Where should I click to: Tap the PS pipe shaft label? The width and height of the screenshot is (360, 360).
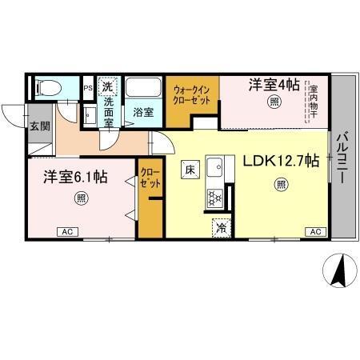click(x=88, y=84)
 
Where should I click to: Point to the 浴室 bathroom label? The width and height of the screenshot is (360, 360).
click(x=143, y=113)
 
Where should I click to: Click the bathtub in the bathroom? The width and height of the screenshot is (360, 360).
click(x=145, y=88)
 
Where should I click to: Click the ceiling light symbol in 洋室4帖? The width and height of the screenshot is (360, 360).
click(x=274, y=102)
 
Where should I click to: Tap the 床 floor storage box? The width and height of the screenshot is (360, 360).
click(x=190, y=170)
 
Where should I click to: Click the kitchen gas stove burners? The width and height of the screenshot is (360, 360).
click(x=214, y=197)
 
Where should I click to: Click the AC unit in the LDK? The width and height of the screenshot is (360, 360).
click(x=314, y=232)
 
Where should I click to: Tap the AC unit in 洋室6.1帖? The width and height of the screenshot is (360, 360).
click(x=67, y=232)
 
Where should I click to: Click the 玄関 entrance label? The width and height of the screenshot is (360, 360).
click(x=40, y=125)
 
